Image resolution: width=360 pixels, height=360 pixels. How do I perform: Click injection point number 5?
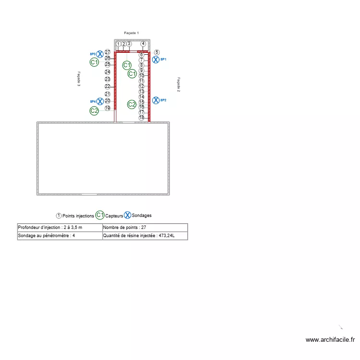point(156,52)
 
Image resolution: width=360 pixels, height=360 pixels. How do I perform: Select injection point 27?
point(108,52)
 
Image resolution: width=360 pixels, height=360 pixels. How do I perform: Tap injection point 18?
point(142,118)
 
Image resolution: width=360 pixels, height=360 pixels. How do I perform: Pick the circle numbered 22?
point(108,86)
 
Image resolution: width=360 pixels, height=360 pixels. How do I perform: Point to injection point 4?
point(143,44)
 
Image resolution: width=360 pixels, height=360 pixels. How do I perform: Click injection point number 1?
point(118,44)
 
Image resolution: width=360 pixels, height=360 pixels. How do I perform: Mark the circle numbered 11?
point(142,81)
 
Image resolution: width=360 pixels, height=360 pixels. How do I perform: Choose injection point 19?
point(108,108)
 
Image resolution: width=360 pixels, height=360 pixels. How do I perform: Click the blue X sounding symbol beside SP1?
point(156,60)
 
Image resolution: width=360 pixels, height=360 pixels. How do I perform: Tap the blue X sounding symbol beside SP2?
point(156,100)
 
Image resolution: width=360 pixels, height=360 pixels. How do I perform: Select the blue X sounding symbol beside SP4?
point(100,101)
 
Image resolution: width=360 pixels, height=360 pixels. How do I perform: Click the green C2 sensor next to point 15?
point(132,104)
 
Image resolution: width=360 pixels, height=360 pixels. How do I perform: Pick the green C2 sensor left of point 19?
point(94,111)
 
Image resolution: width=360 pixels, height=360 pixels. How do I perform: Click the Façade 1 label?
point(131,32)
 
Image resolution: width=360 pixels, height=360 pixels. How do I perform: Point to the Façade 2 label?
point(179,84)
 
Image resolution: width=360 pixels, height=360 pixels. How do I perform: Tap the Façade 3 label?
point(79,79)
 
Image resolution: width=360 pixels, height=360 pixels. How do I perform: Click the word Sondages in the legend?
point(142,216)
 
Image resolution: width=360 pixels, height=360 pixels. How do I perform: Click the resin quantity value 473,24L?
point(174,236)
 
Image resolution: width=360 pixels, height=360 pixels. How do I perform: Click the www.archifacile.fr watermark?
point(330,340)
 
